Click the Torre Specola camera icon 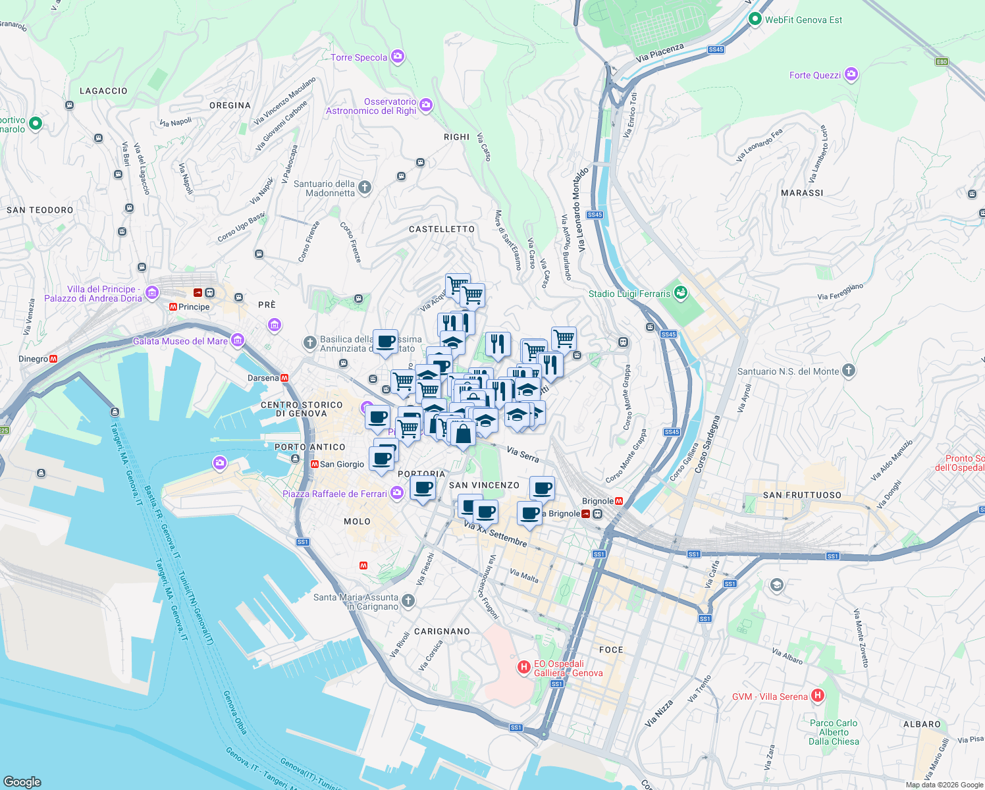(397, 57)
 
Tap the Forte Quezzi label (814, 75)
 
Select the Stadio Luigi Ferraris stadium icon (681, 292)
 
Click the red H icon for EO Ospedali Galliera (523, 668)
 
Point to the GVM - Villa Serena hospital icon (818, 695)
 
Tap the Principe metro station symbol (173, 307)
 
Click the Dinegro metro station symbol (53, 359)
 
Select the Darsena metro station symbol (284, 378)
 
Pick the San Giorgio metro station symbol (315, 464)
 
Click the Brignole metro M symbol (619, 501)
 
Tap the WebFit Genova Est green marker (755, 19)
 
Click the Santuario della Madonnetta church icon (365, 188)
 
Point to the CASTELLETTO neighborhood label (441, 229)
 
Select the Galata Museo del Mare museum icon (238, 340)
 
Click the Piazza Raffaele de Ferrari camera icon (396, 493)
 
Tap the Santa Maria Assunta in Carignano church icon (408, 600)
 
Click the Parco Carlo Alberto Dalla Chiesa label (834, 732)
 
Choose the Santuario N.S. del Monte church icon (849, 371)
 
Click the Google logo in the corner (22, 781)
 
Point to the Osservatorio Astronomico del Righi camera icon (426, 105)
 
